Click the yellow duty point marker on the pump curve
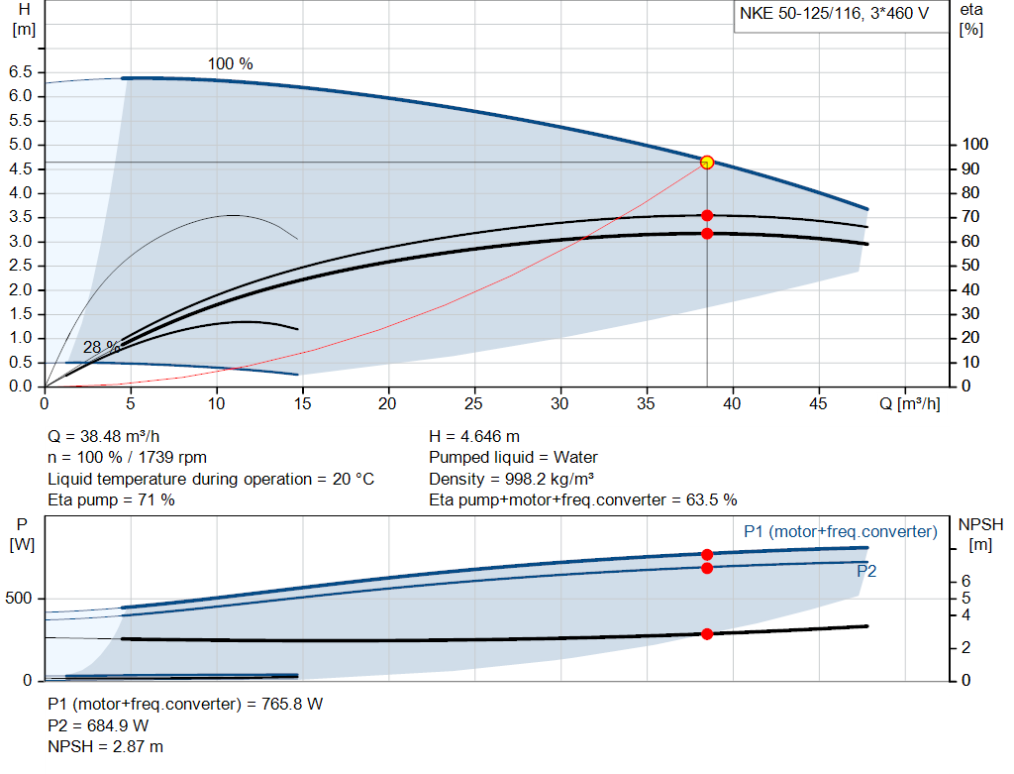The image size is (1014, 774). pos(707,163)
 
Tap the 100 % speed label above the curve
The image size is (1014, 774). pos(230,64)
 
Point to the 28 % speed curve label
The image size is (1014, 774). pos(101,348)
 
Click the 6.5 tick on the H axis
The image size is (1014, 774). pos(20,72)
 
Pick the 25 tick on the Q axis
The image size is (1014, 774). pos(474,404)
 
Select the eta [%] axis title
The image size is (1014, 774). pos(971,19)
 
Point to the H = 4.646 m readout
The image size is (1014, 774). pos(474,437)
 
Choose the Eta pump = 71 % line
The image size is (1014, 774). pos(112,500)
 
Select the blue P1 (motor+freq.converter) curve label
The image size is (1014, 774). pos(840,532)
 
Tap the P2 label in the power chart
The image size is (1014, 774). pos(866,572)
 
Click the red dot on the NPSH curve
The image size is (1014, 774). pos(707,634)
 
